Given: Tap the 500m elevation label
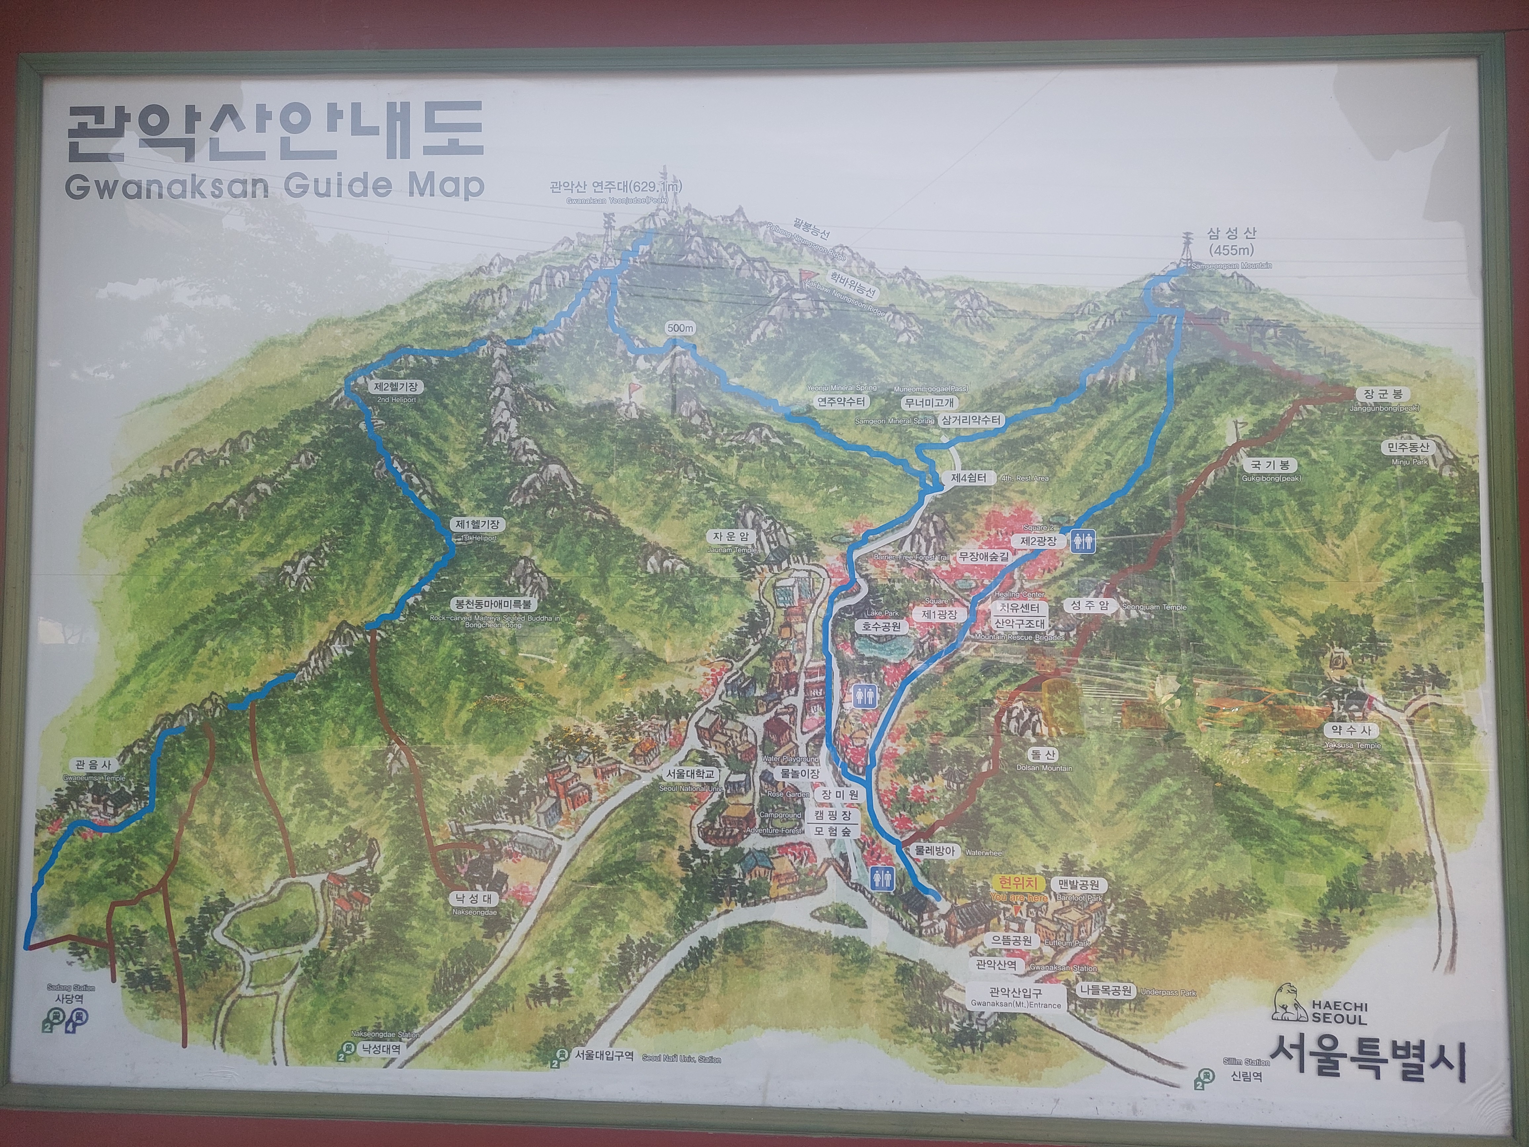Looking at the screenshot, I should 680,328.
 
